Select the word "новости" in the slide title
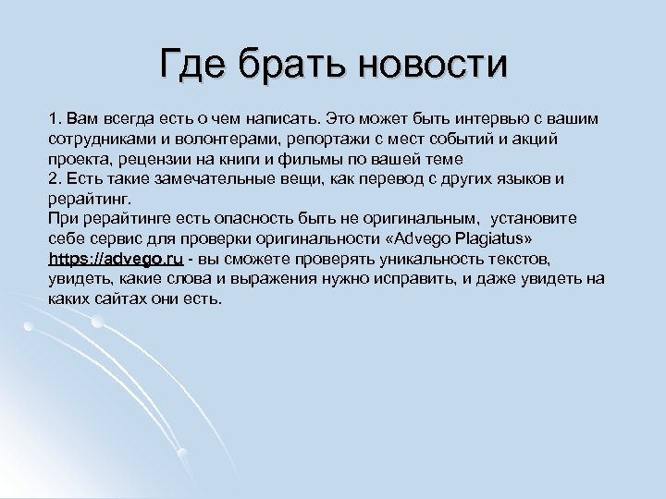pyautogui.click(x=434, y=65)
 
